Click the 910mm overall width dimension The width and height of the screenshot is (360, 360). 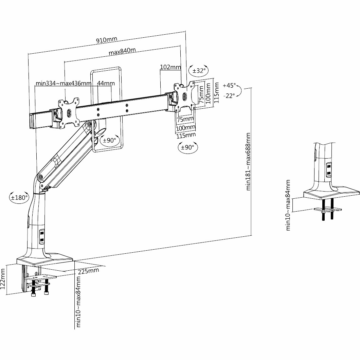coord(107,40)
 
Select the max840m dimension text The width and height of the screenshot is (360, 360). coord(122,51)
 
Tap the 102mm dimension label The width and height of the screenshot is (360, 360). coord(170,67)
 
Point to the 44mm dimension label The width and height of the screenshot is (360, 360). coord(106,83)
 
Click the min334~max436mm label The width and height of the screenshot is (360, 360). coord(64,83)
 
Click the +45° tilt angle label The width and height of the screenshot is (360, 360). coord(229,85)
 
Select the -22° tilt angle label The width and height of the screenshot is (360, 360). coord(229,95)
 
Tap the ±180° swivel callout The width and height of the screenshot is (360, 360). coord(19,197)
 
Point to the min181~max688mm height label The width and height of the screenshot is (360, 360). coord(248,162)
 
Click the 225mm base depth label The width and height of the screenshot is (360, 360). coord(88,271)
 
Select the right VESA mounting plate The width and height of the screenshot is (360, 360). coord(185,95)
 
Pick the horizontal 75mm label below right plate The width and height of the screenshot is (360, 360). coord(185,119)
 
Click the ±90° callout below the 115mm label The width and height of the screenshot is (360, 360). coord(188,147)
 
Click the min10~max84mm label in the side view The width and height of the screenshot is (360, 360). coord(288,205)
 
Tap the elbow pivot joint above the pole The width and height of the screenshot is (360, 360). coord(41,177)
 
